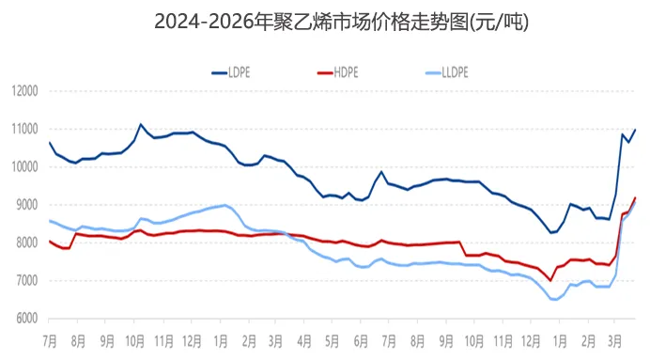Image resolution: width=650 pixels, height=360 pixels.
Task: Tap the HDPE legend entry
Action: point(342,71)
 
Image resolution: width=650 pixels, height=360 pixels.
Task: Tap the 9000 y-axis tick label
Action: point(24,205)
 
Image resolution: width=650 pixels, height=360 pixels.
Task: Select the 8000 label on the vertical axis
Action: point(24,243)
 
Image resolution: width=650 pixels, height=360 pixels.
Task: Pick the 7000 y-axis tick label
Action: point(24,281)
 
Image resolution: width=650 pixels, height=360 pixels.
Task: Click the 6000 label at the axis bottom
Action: point(24,319)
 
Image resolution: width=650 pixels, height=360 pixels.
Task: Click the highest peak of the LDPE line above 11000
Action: point(141,124)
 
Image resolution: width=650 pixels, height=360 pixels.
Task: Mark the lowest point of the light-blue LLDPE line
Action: point(555,299)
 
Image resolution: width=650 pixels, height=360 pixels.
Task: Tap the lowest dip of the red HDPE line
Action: point(551,280)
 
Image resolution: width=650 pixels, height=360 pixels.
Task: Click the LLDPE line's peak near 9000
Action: point(224,204)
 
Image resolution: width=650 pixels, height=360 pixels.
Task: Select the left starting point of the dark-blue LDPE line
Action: point(49,142)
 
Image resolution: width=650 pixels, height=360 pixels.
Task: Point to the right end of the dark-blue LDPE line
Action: point(636,130)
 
